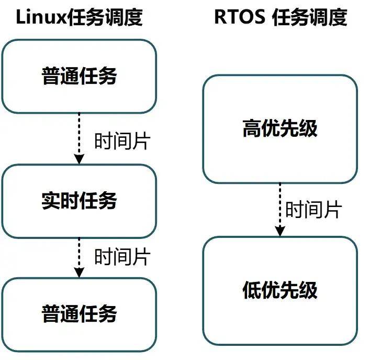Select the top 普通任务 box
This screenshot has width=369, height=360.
click(79, 77)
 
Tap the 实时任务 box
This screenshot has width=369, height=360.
click(79, 201)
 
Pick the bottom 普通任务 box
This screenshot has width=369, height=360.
click(79, 313)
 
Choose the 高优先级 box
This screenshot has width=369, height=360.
click(279, 129)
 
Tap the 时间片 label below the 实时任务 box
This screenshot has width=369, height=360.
click(122, 257)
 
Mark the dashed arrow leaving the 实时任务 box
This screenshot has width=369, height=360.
click(79, 256)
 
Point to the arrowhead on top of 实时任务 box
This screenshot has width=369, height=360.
click(79, 159)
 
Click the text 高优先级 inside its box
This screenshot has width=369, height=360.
click(279, 129)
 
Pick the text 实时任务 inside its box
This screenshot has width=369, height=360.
click(79, 201)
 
